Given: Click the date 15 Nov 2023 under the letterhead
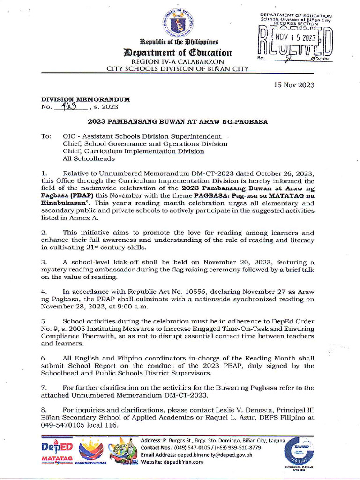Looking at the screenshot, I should (294, 85).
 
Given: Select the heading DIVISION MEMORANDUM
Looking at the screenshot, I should (85, 99).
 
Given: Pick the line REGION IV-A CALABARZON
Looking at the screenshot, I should (177, 62).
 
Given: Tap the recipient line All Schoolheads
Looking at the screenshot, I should (89, 159).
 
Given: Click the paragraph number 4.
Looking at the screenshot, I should (44, 292).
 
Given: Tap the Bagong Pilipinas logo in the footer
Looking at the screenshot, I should (91, 451).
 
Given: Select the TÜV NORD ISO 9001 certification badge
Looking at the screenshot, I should (299, 451).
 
